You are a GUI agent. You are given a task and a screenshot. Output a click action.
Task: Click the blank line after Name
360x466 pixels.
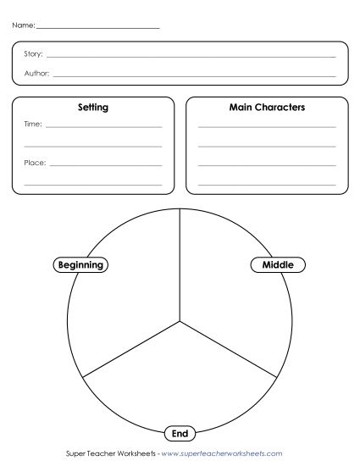click(x=97, y=29)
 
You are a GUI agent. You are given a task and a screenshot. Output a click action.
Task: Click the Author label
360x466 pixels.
click(x=36, y=74)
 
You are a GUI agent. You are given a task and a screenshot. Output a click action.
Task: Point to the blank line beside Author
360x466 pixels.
click(x=195, y=75)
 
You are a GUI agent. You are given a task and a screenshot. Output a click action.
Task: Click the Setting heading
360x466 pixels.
click(x=92, y=108)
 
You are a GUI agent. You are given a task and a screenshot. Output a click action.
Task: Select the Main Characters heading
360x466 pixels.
click(x=267, y=108)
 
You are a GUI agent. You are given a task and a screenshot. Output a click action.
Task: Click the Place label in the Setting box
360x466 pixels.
click(x=35, y=162)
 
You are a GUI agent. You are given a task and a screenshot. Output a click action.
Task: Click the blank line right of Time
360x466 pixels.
click(x=104, y=127)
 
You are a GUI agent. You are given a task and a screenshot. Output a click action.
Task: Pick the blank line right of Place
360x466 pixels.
click(x=106, y=164)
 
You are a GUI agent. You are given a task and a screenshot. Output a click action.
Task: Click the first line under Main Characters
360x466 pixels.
click(x=267, y=127)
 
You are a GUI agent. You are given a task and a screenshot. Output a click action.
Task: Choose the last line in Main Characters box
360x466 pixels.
click(x=267, y=183)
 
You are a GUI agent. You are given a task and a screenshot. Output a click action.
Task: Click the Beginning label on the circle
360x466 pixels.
click(x=80, y=264)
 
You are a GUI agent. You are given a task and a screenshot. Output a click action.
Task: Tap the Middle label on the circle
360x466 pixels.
click(x=278, y=264)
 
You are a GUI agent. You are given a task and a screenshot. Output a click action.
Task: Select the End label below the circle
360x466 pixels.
click(x=180, y=434)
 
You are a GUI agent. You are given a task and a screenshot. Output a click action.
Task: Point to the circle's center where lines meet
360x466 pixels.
click(x=180, y=320)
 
